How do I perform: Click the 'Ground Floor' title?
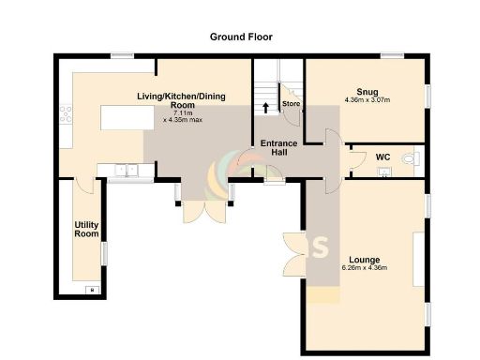click(x=240, y=37)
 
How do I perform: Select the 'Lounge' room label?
click(x=366, y=259)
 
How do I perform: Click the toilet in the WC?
click(x=408, y=160)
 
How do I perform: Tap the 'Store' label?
click(x=291, y=103)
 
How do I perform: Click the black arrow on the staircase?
click(x=265, y=106)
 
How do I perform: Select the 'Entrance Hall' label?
click(x=278, y=148)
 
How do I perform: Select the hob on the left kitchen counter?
click(x=66, y=114)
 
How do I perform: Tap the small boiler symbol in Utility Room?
click(x=91, y=289)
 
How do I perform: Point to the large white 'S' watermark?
click(x=320, y=248)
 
